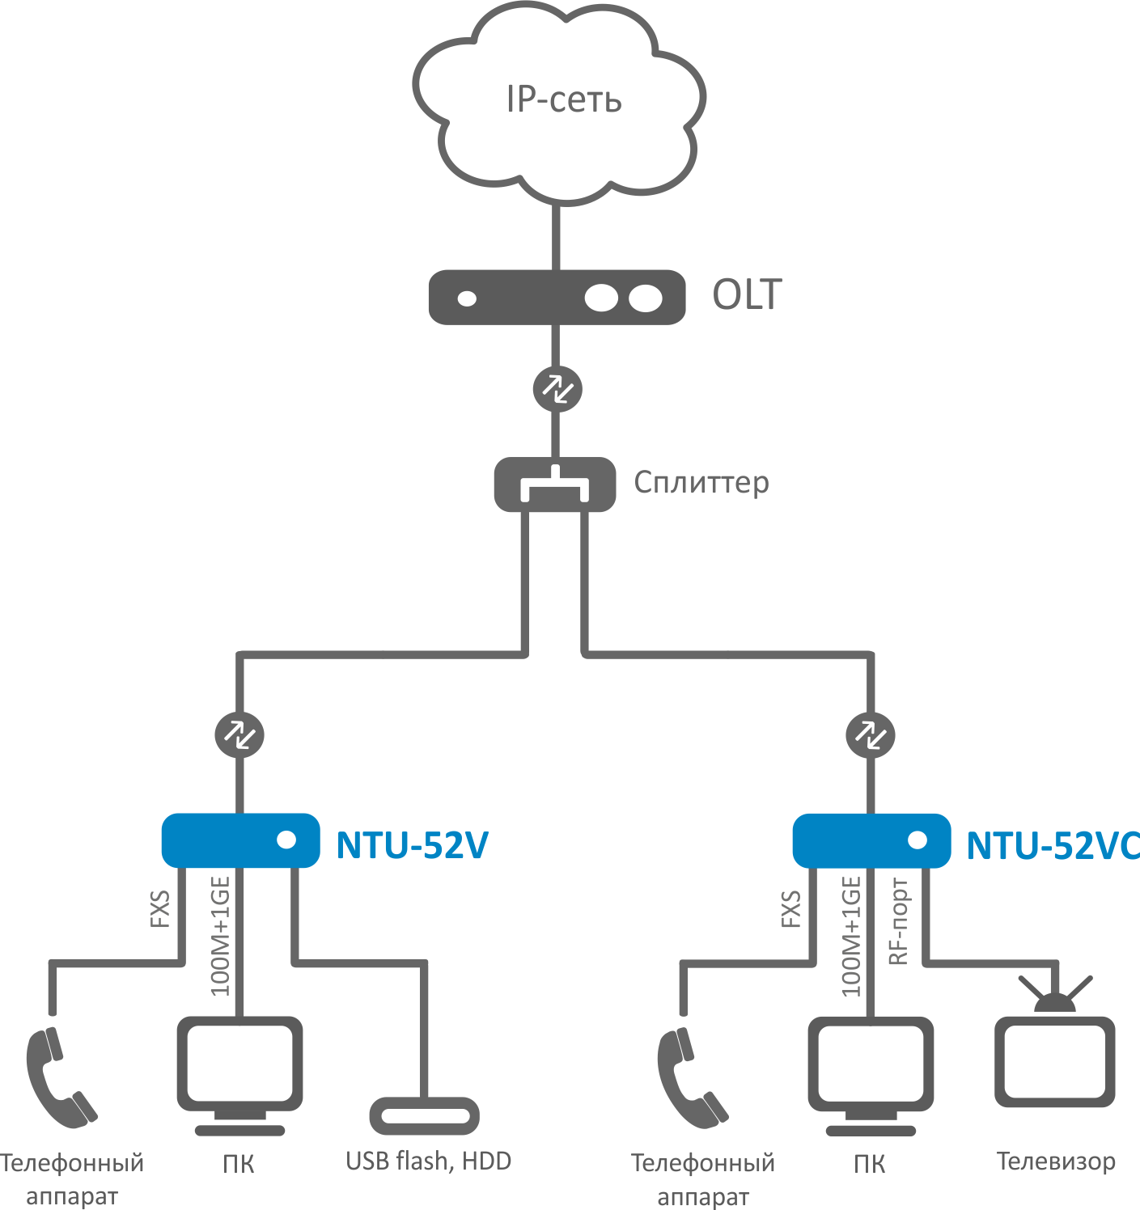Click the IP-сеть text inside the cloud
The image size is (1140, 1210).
coord(564,99)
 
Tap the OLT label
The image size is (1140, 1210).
coord(747,294)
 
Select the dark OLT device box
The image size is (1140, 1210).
coord(557,298)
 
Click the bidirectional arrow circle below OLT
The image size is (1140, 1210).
coord(557,389)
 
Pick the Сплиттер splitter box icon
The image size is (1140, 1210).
coord(555,484)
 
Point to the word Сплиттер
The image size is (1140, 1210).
coord(701,482)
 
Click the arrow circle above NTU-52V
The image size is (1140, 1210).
coord(239,734)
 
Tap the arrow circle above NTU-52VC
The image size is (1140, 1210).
coord(870,734)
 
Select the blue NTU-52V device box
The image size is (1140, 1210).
coord(240,840)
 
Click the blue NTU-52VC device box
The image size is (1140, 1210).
coord(871,840)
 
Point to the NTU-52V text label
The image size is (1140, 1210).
coord(412,845)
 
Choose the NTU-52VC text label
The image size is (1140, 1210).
coord(1053,845)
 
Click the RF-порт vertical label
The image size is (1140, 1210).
coord(898,921)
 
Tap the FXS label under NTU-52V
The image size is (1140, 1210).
coord(160,908)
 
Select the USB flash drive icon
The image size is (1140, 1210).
coord(425,1116)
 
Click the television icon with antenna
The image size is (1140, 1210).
coord(1054,1056)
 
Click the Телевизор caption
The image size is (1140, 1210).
coord(1056,1161)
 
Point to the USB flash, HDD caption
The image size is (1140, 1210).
coord(428,1161)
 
